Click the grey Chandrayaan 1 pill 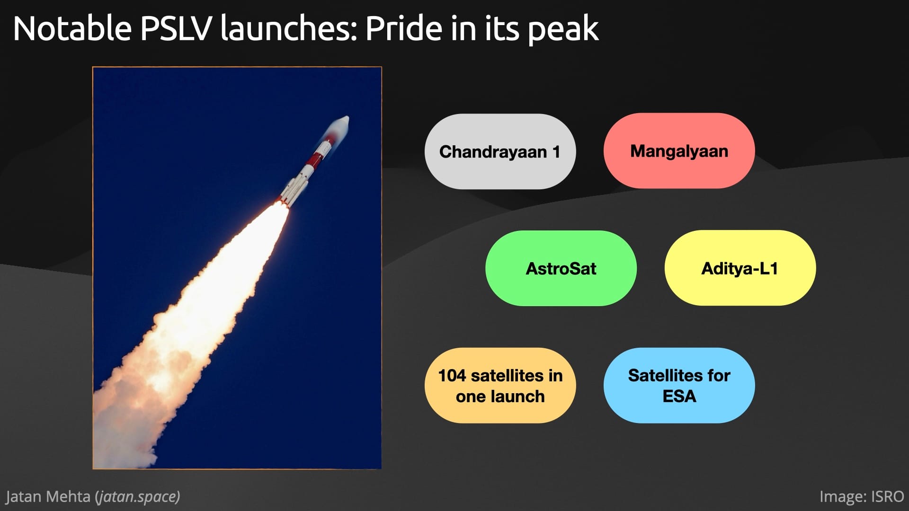pyautogui.click(x=500, y=151)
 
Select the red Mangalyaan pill pyautogui.click(x=679, y=151)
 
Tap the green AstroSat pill pyautogui.click(x=561, y=268)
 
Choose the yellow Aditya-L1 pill pyautogui.click(x=740, y=268)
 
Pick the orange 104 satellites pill pyautogui.click(x=500, y=386)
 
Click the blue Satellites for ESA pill pyautogui.click(x=679, y=386)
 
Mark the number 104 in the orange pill pyautogui.click(x=452, y=376)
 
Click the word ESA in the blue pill pyautogui.click(x=679, y=396)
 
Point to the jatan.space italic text pyautogui.click(x=138, y=497)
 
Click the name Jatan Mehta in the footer pyautogui.click(x=48, y=497)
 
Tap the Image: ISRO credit pyautogui.click(x=862, y=497)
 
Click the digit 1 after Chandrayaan pyautogui.click(x=556, y=152)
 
